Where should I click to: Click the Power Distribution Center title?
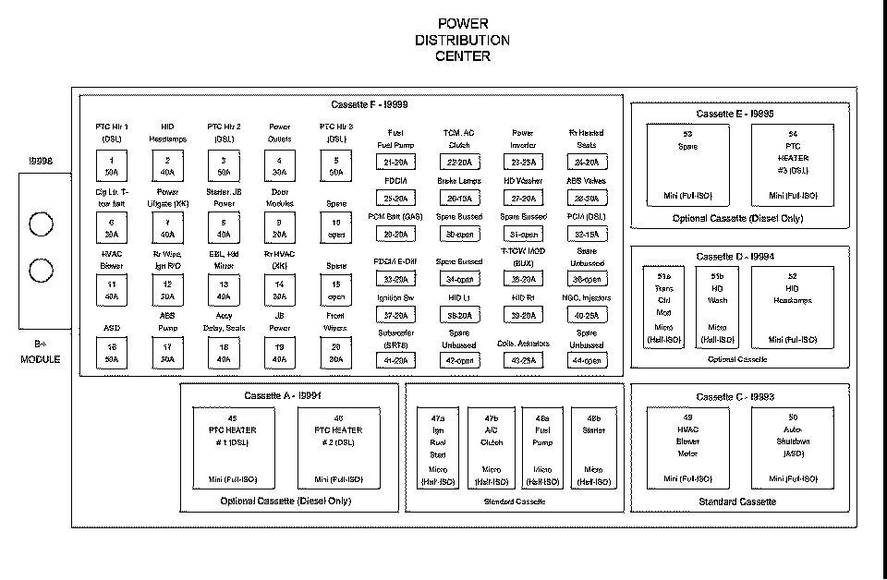coord(462,40)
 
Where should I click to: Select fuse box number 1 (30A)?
coord(112,166)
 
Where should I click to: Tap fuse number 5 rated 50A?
coord(335,166)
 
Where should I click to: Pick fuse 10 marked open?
coord(335,228)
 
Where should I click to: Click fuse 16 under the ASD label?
coord(112,354)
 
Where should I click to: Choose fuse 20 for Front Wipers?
coord(335,354)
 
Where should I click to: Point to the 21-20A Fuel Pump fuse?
coord(395,163)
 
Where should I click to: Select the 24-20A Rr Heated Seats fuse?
coord(587,163)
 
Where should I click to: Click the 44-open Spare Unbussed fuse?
coord(587,360)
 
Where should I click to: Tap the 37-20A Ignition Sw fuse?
coord(395,315)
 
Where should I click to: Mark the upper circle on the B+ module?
coord(41,224)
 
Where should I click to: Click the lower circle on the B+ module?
coord(41,271)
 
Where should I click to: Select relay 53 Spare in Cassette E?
coord(686,164)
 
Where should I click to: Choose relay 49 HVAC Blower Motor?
coord(686,446)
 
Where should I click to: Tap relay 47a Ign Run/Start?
coord(438,448)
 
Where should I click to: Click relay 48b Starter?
coord(593,448)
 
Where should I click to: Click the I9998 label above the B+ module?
coord(40,161)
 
